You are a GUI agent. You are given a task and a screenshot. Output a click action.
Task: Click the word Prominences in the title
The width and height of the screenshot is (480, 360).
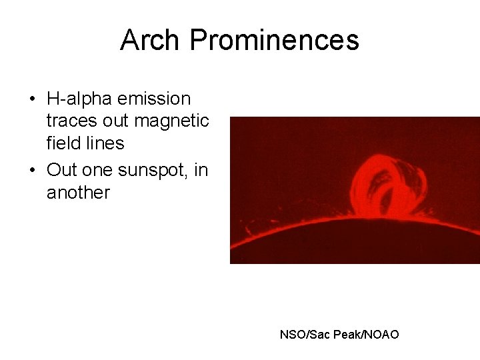[275, 40]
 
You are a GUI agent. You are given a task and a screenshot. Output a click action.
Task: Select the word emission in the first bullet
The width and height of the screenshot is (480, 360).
[154, 99]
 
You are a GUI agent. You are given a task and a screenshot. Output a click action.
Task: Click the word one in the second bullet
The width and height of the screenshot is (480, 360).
[98, 171]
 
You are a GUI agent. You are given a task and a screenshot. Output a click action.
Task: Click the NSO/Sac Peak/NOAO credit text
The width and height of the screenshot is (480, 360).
[339, 334]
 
